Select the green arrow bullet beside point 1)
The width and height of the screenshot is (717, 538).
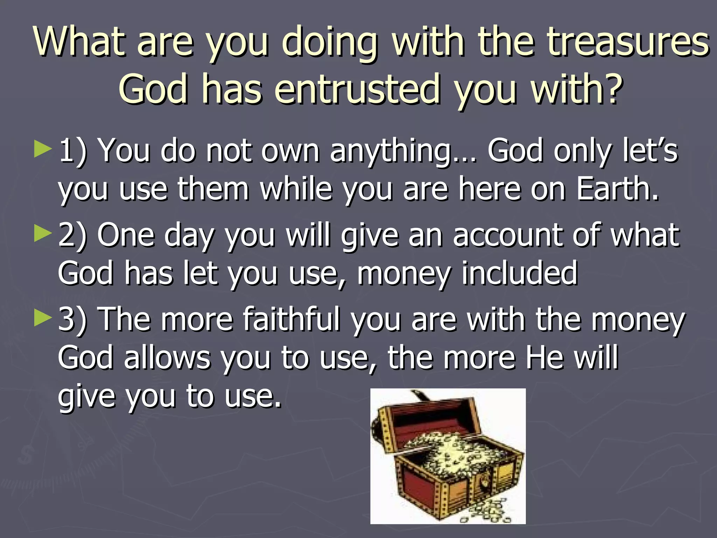pyautogui.click(x=43, y=150)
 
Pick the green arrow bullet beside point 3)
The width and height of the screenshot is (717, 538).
pyautogui.click(x=43, y=318)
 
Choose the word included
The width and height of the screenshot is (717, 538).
pyautogui.click(x=520, y=274)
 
